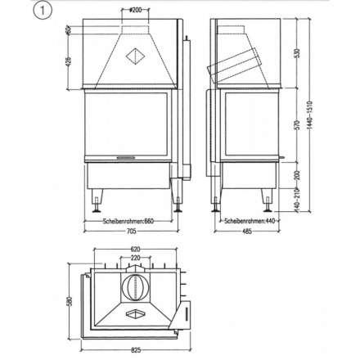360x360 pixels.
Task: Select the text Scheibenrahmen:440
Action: click(245, 220)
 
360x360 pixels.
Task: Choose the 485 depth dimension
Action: click(247, 232)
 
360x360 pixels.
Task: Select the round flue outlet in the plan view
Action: click(134, 287)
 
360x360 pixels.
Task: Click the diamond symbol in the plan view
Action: click(133, 313)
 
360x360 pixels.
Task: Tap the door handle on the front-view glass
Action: click(125, 153)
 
